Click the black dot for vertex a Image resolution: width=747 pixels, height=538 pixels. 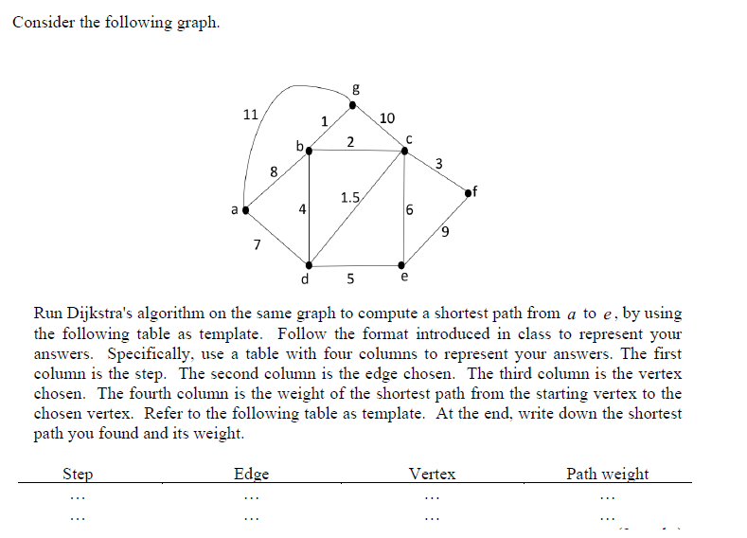tap(246, 210)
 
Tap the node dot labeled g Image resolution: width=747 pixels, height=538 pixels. tap(353, 104)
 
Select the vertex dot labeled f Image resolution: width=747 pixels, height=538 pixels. tap(469, 193)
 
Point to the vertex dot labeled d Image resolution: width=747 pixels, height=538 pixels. tap(309, 265)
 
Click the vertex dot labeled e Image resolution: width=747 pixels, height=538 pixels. tap(403, 265)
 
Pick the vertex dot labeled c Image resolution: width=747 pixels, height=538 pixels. tap(404, 150)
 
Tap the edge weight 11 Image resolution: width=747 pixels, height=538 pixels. tap(250, 115)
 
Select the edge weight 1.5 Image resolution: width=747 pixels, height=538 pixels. tap(349, 198)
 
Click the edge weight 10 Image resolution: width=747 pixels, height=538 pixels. tap(386, 118)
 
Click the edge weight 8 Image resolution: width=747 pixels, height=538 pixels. tap(274, 172)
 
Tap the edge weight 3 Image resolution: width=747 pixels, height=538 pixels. tap(438, 165)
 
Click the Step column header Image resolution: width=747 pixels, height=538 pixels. tap(77, 474)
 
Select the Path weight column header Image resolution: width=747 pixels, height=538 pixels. tap(607, 474)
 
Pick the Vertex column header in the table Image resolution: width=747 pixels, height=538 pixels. tap(432, 474)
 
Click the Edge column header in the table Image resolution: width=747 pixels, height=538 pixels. tap(251, 474)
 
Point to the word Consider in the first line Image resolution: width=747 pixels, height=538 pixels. tap(43, 22)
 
